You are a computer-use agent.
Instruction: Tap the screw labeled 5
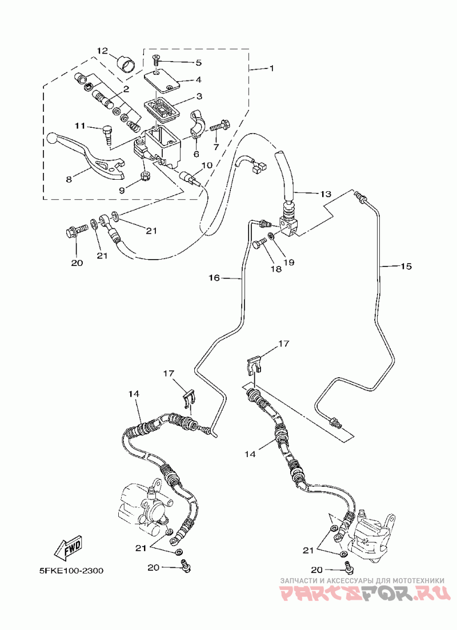coord(156,61)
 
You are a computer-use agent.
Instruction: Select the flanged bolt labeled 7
coord(219,126)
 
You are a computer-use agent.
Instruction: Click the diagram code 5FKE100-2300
coord(71,571)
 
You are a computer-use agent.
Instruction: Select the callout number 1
coord(271,68)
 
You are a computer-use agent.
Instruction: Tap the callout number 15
coord(406,266)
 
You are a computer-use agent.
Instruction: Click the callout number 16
coord(214,277)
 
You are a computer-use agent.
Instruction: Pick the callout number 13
coord(326,195)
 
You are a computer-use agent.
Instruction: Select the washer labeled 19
coord(272,236)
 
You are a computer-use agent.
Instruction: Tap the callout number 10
coord(207,165)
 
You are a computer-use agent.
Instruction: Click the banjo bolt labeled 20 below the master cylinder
coord(76,232)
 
